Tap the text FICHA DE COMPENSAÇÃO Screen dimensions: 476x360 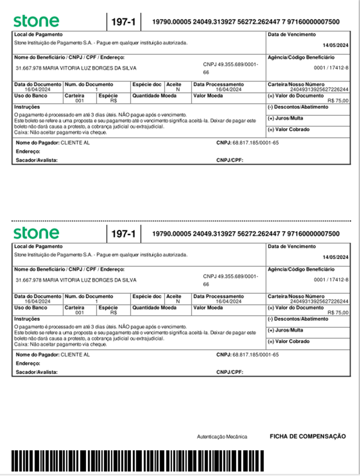coord(308,436)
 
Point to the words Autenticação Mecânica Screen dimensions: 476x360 coord(222,437)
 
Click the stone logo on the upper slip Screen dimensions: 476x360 coord(36,21)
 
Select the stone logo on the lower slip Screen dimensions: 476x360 coord(36,233)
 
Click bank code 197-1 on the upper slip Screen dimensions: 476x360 coord(124,22)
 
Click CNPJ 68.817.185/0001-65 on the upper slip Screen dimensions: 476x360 coord(255,142)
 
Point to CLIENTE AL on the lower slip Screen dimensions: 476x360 coord(75,355)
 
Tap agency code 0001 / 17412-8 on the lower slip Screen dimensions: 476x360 coord(331,279)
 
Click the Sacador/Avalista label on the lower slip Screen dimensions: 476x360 coord(37,372)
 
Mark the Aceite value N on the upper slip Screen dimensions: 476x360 coord(178,89)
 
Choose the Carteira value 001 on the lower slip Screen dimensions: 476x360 coord(80,312)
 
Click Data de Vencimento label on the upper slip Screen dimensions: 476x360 coord(292,35)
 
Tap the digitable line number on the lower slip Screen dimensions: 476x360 coord(246,234)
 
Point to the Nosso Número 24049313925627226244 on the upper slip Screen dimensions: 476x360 coord(319,89)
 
